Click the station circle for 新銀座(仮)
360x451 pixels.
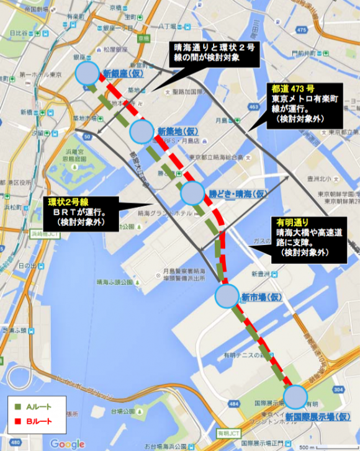(87, 73)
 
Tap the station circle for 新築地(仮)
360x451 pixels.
(142, 131)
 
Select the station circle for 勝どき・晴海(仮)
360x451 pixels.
(192, 194)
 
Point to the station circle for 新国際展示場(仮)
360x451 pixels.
(295, 396)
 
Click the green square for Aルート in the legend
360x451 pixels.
(17, 408)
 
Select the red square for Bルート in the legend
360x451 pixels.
(17, 421)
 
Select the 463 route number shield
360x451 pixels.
(253, 107)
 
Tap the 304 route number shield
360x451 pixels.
(337, 389)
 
